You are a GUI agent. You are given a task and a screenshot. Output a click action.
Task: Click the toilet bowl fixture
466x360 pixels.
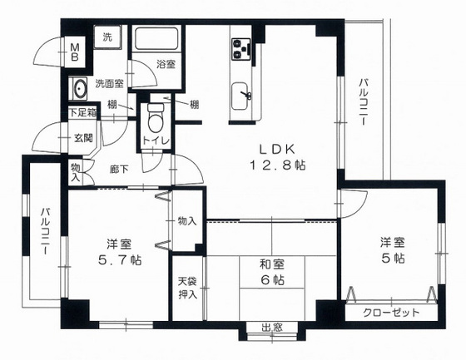pyautogui.click(x=156, y=118)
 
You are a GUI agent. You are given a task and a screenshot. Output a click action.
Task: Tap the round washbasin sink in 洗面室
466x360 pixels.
pyautogui.click(x=79, y=88)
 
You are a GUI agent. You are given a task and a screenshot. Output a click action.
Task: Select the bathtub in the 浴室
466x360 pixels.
pyautogui.click(x=156, y=38)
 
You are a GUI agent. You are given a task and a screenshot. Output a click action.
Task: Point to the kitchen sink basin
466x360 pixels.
pyautogui.click(x=240, y=96)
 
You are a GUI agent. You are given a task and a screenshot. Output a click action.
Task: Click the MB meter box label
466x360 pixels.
pyautogui.click(x=75, y=52)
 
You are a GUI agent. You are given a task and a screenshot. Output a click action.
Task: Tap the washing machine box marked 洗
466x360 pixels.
pyautogui.click(x=107, y=37)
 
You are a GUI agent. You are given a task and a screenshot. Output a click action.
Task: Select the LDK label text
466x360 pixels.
pyautogui.click(x=277, y=149)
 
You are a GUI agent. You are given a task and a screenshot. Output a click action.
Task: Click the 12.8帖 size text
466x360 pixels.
pyautogui.click(x=278, y=165)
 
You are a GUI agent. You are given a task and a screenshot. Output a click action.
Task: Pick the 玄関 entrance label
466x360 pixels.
pyautogui.click(x=83, y=138)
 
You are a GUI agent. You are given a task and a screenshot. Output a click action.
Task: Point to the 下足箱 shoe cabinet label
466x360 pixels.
pyautogui.click(x=83, y=112)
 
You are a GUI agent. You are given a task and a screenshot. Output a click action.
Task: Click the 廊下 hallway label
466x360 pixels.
pyautogui.click(x=119, y=170)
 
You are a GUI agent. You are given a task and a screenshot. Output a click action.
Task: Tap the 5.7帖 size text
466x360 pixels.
pyautogui.click(x=120, y=260)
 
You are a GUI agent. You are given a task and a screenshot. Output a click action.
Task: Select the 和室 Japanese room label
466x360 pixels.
pyautogui.click(x=272, y=264)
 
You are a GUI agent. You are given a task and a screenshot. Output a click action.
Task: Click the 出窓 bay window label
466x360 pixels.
pyautogui.click(x=272, y=328)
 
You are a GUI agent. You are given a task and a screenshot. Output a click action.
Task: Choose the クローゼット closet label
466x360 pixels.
pyautogui.click(x=391, y=313)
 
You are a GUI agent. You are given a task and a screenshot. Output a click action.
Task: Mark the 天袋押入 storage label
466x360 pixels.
pyautogui.click(x=187, y=288)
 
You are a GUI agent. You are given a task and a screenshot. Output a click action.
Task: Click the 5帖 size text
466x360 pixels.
pyautogui.click(x=393, y=258)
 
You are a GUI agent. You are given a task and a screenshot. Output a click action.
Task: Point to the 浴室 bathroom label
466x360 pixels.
pyautogui.click(x=166, y=64)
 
